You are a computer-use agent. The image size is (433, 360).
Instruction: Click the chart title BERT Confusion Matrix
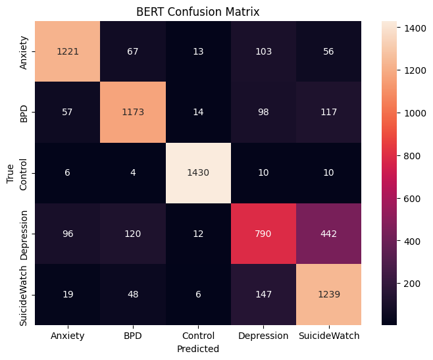click(x=199, y=11)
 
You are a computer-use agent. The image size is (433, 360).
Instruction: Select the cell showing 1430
click(x=199, y=173)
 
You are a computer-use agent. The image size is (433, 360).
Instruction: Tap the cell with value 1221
click(x=68, y=51)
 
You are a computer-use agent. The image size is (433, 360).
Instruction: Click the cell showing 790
click(x=264, y=234)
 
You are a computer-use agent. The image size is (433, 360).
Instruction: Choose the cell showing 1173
click(x=133, y=113)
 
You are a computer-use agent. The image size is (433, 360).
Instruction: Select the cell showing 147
click(x=264, y=295)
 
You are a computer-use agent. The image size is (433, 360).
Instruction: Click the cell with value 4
click(x=133, y=173)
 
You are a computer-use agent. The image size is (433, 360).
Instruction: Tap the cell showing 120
click(x=133, y=234)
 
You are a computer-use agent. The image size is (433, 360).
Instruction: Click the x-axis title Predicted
click(x=199, y=349)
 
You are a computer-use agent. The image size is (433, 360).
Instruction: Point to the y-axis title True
click(x=11, y=174)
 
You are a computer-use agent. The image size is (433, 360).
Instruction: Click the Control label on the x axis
click(x=199, y=336)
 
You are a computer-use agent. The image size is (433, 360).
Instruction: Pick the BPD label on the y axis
click(x=24, y=113)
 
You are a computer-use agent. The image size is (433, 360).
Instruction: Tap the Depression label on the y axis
click(x=24, y=234)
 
